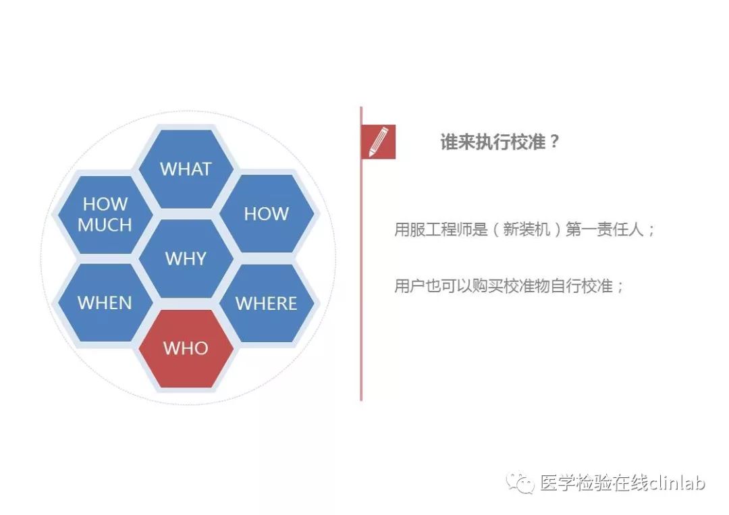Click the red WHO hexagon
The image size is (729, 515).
point(186,348)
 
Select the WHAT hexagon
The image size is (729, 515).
point(186,169)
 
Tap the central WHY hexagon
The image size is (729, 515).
point(186,259)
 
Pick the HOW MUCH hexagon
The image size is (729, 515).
point(105,214)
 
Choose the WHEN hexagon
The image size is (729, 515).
point(105,303)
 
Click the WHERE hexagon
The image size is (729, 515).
point(267,303)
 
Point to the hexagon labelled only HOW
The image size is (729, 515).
point(267,214)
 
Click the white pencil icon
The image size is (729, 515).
point(379,142)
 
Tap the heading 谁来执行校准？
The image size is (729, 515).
point(500,142)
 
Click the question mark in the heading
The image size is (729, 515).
point(553,141)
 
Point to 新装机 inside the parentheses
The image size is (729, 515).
point(526,229)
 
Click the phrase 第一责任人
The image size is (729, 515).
point(604,229)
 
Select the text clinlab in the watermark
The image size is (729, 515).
point(678,483)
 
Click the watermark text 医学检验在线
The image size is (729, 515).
point(594,483)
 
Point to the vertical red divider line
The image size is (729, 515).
point(361,254)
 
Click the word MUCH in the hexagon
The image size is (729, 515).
point(105,225)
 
